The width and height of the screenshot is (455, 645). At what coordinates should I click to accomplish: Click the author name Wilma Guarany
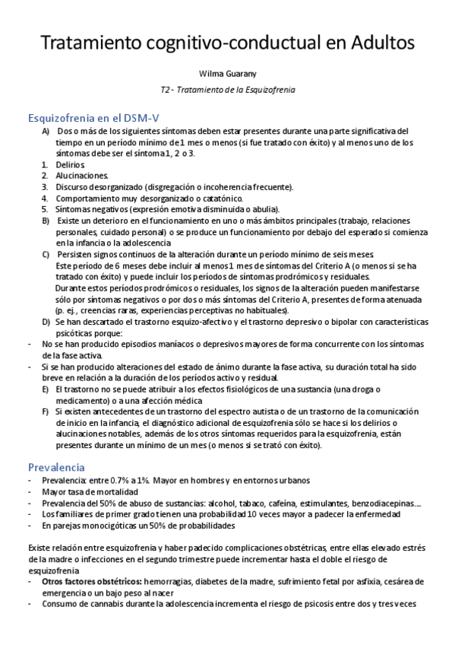coord(227,75)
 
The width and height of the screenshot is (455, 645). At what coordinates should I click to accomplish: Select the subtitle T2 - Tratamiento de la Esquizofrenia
coord(227,89)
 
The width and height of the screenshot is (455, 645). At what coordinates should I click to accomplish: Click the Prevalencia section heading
coord(56,466)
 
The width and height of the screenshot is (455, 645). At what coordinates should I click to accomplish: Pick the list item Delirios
coord(71,164)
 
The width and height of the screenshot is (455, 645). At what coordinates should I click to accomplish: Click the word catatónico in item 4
coord(229,198)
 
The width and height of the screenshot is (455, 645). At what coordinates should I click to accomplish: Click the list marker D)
coord(46,322)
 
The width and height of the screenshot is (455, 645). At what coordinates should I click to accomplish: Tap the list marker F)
coord(46,411)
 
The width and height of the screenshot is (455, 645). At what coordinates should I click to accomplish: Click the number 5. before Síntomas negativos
coord(45,208)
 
